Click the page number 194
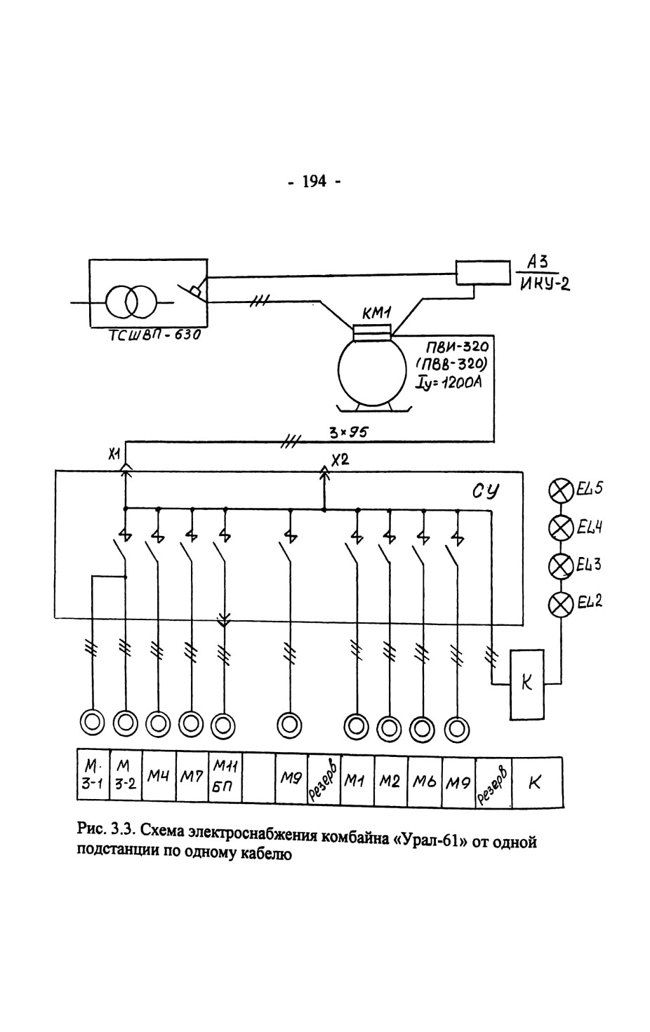314,182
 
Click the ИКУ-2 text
545,285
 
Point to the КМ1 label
377,315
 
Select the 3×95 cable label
349,432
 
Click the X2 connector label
340,460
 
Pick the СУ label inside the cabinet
486,491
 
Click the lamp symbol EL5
561,490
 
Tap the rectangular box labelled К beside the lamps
527,685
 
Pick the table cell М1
357,780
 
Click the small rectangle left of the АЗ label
483,273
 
